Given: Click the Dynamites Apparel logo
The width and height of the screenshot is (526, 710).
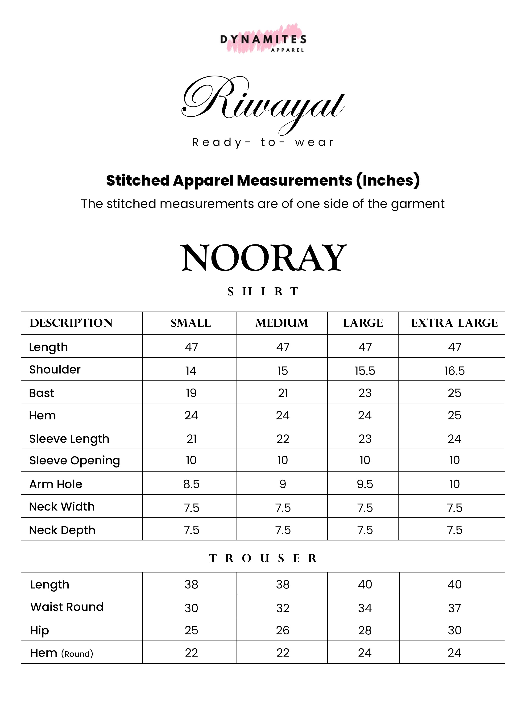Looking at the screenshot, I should click(263, 39).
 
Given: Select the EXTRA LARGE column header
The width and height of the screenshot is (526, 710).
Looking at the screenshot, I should click(454, 323).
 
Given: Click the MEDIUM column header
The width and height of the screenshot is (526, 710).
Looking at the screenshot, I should click(282, 323).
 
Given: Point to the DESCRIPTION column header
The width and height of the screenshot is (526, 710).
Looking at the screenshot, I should click(71, 323).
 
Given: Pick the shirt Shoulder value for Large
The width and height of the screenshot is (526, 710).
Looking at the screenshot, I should click(365, 371).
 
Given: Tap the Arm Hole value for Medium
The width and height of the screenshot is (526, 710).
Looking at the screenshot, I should click(283, 484).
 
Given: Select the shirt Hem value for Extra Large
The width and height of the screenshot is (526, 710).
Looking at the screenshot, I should click(454, 415).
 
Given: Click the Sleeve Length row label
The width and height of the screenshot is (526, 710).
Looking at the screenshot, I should click(69, 439).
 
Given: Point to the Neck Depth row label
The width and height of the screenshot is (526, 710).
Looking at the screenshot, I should click(62, 530).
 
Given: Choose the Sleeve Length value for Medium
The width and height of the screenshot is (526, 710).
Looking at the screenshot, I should click(283, 439).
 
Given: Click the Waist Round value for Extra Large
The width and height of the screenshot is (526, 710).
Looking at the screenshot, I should click(454, 608).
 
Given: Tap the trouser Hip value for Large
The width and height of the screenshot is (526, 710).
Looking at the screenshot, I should click(365, 630).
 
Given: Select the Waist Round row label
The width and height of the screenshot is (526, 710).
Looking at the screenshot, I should click(67, 607).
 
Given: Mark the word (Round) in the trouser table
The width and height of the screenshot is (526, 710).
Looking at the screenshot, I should click(77, 654).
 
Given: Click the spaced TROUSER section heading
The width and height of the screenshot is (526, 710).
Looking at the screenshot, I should click(263, 558).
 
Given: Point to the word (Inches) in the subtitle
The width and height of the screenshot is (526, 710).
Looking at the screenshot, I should click(388, 181).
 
